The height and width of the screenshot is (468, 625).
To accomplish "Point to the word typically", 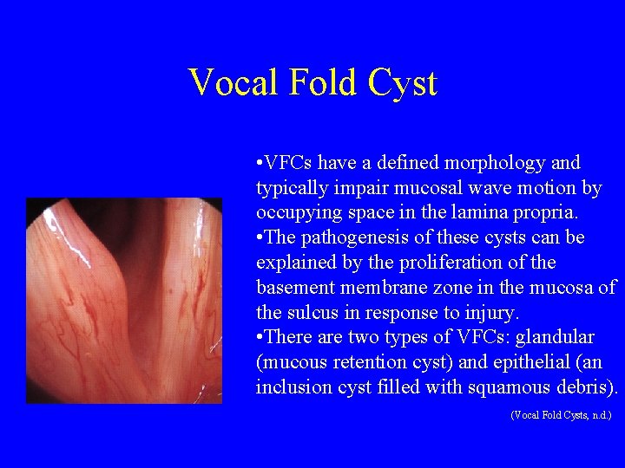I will (289, 188).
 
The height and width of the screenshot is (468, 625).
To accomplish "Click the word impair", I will (352, 188).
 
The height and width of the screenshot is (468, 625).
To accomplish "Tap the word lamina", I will (462, 212).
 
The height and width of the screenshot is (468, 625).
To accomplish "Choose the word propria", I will (530, 212).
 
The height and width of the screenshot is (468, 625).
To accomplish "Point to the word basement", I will (293, 288).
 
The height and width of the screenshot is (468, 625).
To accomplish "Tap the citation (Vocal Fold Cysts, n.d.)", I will (561, 415).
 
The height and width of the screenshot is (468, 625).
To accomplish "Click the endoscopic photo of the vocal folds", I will (124, 301).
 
